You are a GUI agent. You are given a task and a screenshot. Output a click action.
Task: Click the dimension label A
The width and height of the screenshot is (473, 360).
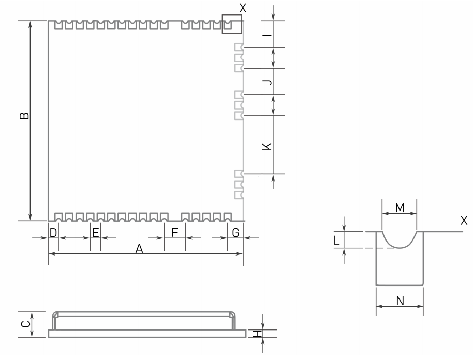coord(139,249)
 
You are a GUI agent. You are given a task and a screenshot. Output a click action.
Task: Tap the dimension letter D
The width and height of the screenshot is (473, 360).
coord(53,233)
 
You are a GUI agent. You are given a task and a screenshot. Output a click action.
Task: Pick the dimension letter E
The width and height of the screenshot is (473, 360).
coord(95,233)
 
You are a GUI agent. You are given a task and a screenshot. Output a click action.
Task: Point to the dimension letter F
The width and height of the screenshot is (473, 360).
coord(174,233)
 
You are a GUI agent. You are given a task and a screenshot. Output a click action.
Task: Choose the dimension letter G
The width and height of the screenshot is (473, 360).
coord(235,233)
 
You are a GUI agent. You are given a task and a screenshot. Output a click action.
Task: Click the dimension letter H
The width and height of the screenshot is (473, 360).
coord(255,334)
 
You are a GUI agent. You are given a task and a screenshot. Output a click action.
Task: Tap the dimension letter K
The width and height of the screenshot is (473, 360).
coord(267,146)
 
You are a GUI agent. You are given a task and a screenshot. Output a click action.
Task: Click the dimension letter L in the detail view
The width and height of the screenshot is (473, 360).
coord(336,240)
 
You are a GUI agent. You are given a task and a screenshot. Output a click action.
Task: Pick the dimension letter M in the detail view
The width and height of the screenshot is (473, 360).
coord(399,208)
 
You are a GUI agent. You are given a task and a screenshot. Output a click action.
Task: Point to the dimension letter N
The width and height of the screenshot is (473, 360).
coord(400,299)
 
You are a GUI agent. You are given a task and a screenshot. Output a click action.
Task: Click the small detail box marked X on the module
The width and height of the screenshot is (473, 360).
coord(232,24)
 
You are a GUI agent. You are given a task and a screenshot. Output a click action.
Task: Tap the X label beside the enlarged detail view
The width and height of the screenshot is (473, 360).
coord(464,221)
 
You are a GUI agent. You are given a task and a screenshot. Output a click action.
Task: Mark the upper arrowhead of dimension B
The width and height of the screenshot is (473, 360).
coord(31,25)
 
